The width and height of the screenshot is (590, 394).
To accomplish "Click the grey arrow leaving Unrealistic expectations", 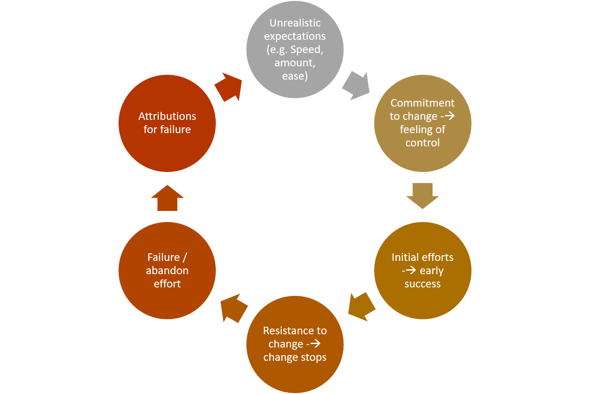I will pos(356,85).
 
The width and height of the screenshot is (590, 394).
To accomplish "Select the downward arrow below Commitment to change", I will pos(422,196).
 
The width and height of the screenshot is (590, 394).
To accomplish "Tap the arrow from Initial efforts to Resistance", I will pos(361,306).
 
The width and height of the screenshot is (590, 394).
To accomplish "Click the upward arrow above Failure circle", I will pos(167,198).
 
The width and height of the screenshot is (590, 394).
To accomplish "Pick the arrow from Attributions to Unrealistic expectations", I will pos(229,86).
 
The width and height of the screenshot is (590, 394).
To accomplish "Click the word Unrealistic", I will pos(295,23).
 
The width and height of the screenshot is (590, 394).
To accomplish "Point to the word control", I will pos(422,143).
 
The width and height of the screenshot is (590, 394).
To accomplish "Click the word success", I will pos(422,284).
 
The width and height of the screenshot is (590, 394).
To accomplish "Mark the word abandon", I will pos(167,271).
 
